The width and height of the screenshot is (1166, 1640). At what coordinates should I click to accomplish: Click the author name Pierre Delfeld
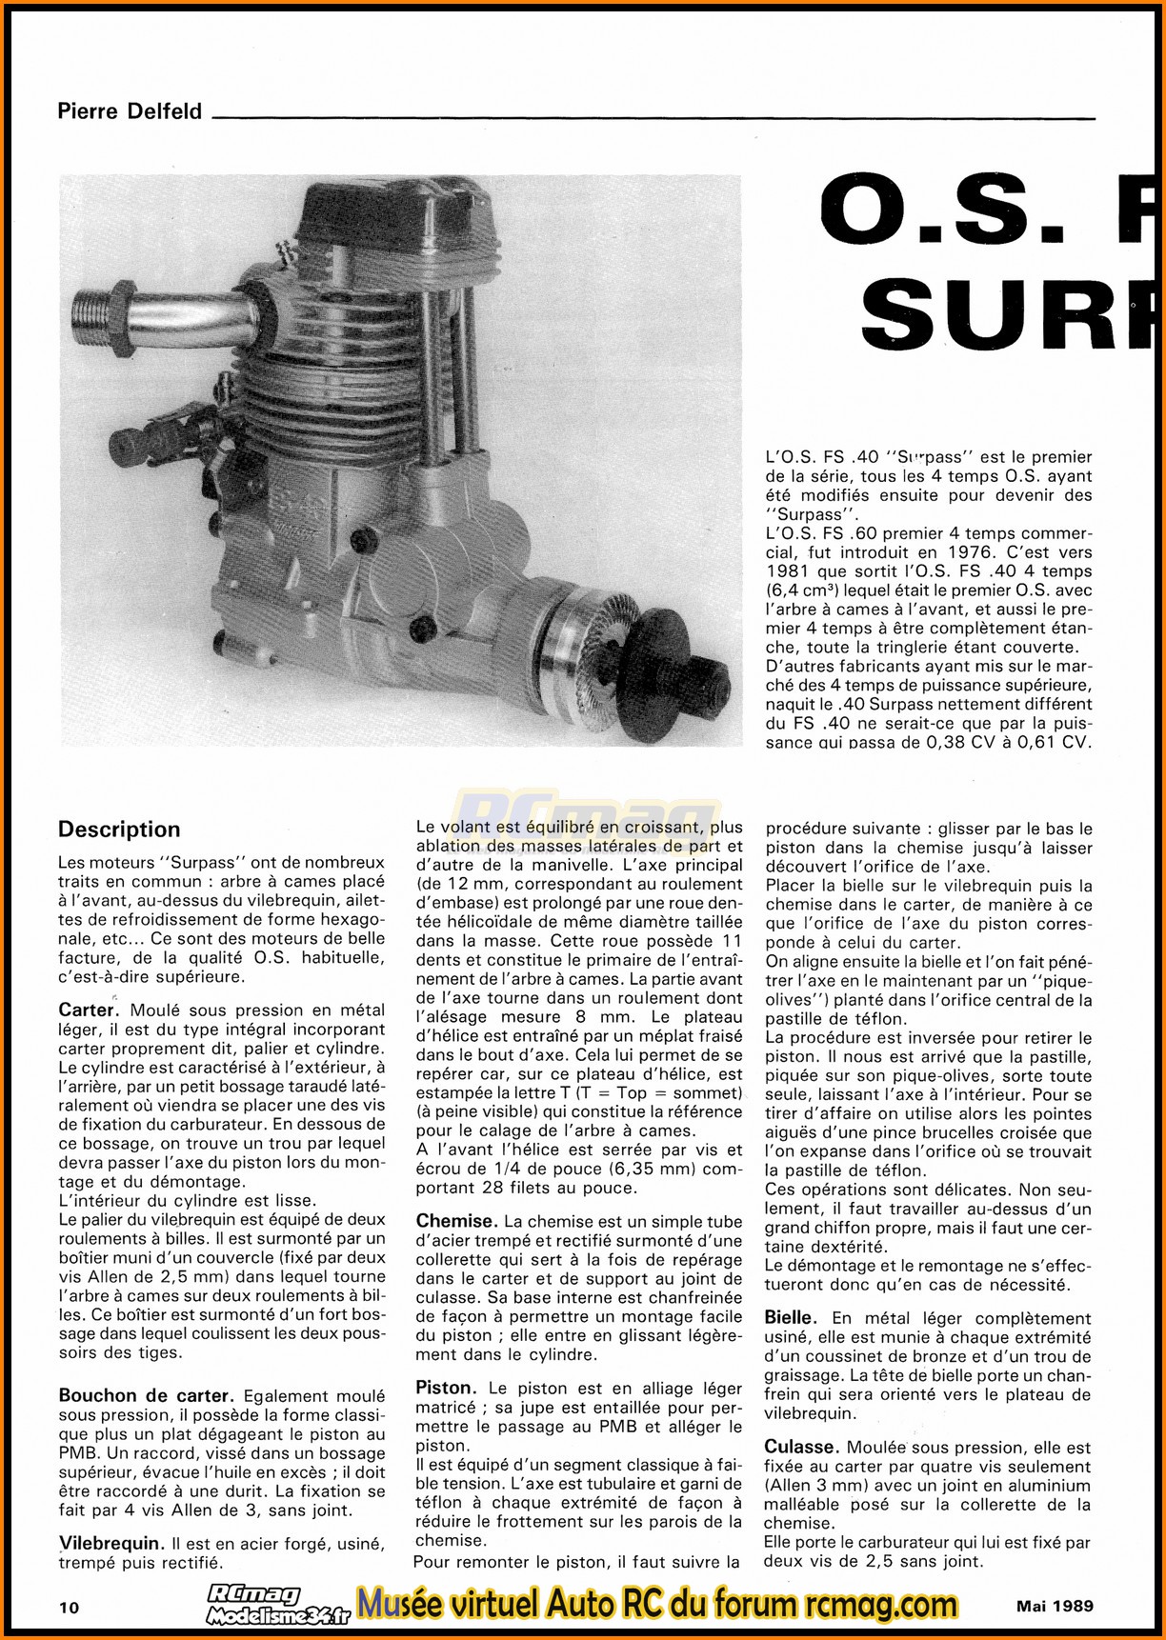(x=130, y=111)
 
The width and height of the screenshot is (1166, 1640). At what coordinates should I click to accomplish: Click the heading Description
(x=119, y=830)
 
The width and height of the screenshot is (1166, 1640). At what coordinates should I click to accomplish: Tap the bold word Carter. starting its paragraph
(x=88, y=1010)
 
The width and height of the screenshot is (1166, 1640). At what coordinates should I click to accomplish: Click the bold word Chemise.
(x=456, y=1221)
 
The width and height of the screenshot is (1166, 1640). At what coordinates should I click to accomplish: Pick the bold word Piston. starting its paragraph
(x=446, y=1389)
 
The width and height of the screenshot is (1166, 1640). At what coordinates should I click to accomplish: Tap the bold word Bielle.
(x=791, y=1318)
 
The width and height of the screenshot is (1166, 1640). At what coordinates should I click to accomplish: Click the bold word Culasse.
(x=800, y=1447)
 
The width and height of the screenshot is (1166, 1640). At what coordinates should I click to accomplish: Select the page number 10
(x=69, y=1608)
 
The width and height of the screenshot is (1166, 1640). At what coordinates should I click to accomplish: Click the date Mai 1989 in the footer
(x=1055, y=1605)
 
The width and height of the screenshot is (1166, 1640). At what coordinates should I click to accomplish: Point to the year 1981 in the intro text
(x=791, y=571)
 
